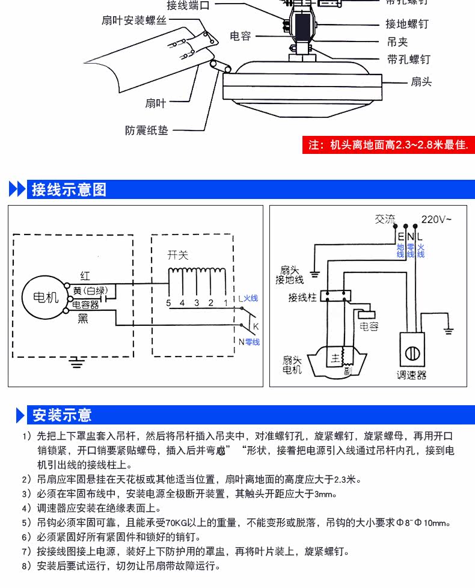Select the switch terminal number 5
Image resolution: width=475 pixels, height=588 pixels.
169,302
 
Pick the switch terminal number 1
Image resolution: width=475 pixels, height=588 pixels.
225,302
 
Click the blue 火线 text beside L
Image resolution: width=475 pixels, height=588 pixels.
251,298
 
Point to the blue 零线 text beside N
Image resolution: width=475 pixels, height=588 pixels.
252,342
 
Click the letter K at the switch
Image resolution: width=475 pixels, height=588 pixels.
255,326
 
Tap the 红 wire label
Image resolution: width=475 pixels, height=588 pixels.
85,276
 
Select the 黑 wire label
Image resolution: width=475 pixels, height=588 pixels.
83,319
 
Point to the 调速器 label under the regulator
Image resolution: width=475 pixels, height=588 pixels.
411,375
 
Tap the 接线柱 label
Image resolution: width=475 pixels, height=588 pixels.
302,296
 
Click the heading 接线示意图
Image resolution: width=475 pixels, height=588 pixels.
69,189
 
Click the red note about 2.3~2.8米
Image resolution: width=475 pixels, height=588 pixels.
387,145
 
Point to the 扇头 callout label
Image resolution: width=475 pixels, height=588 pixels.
421,82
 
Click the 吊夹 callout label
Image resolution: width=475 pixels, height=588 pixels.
397,42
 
